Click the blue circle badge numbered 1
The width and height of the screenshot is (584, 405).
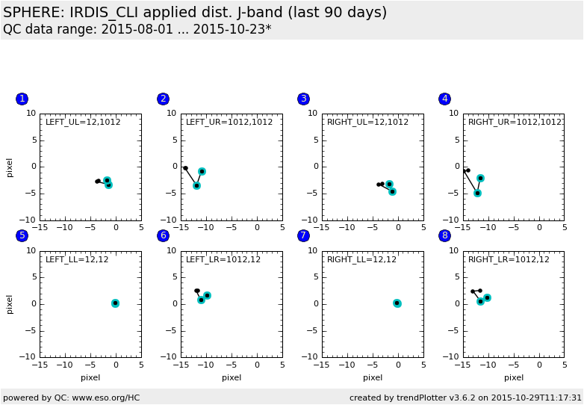(22, 99)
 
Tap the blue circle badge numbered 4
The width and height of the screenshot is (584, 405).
(445, 99)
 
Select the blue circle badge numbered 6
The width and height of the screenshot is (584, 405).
(163, 235)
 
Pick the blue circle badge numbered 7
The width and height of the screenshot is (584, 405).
(303, 235)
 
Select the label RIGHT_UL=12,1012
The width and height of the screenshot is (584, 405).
(367, 122)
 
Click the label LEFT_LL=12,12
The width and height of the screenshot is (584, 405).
(77, 259)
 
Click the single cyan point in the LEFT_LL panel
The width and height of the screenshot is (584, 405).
(115, 303)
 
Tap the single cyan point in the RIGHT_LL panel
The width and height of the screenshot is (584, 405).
(397, 303)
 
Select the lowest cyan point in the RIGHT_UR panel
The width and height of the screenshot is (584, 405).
(477, 193)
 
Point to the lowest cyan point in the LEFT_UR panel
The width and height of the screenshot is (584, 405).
(196, 185)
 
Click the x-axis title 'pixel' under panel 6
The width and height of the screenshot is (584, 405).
(232, 377)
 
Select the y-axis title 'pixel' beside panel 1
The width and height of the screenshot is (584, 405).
(10, 167)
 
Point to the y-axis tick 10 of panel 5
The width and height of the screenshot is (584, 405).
(31, 250)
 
